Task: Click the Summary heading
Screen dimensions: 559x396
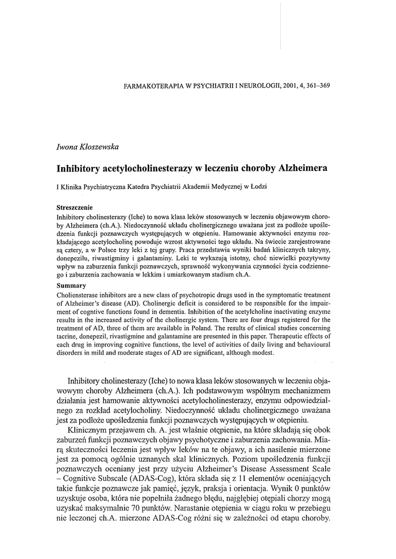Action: [x=71, y=285]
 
